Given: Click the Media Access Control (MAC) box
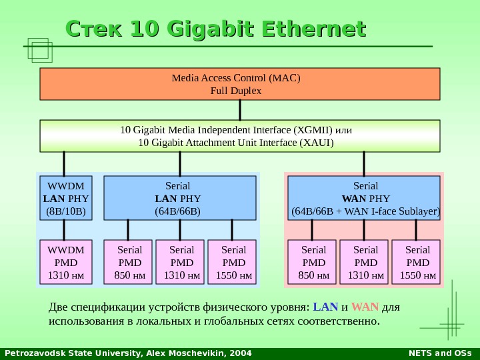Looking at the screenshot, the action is pos(240,83).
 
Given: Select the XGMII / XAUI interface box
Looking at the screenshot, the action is pos(240,136).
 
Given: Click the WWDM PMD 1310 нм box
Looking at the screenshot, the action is pos(66,262).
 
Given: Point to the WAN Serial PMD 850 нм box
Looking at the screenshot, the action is pos(313,262).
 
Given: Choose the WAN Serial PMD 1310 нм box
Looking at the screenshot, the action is pos(365,262).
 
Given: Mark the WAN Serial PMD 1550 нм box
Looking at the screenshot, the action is pos(417,262).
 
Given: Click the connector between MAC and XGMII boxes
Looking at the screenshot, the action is pos(240,109).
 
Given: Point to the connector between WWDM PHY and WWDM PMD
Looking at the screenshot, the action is pos(64,230).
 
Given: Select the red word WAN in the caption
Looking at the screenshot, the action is pos(365,307).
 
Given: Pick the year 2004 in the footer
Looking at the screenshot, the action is pos(241,353).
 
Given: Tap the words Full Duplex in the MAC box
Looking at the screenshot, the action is pos(236,90).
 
